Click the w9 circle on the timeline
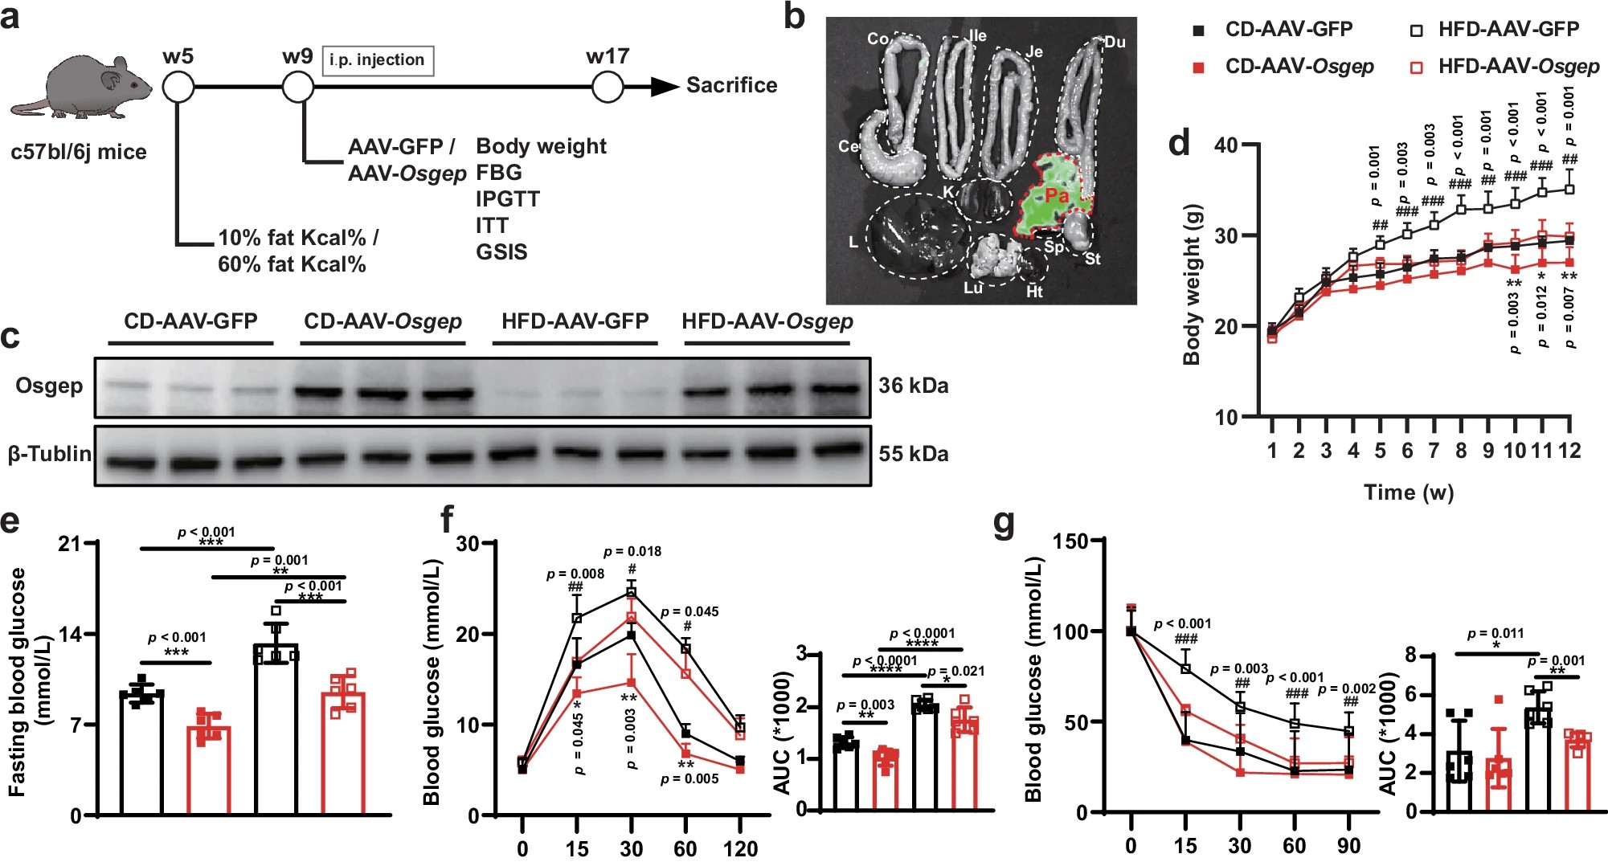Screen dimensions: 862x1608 [x=298, y=86]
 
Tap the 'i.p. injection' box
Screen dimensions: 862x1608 [x=377, y=60]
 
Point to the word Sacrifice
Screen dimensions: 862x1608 [x=731, y=85]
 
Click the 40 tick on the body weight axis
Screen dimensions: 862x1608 [x=1226, y=145]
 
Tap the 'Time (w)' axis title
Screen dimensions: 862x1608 [x=1408, y=492]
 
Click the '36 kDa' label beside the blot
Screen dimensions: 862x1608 [x=913, y=386]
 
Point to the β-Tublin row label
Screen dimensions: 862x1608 [x=50, y=454]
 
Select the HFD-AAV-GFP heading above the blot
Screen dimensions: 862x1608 [x=575, y=321]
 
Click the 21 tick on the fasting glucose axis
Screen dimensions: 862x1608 [x=70, y=544]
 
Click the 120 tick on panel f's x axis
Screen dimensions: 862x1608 [x=739, y=848]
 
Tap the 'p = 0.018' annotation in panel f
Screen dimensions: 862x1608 [x=632, y=551]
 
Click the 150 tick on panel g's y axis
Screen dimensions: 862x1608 [x=1070, y=541]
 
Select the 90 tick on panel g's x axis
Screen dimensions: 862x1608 [x=1348, y=846]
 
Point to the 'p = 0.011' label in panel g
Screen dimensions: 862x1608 [x=1495, y=633]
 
